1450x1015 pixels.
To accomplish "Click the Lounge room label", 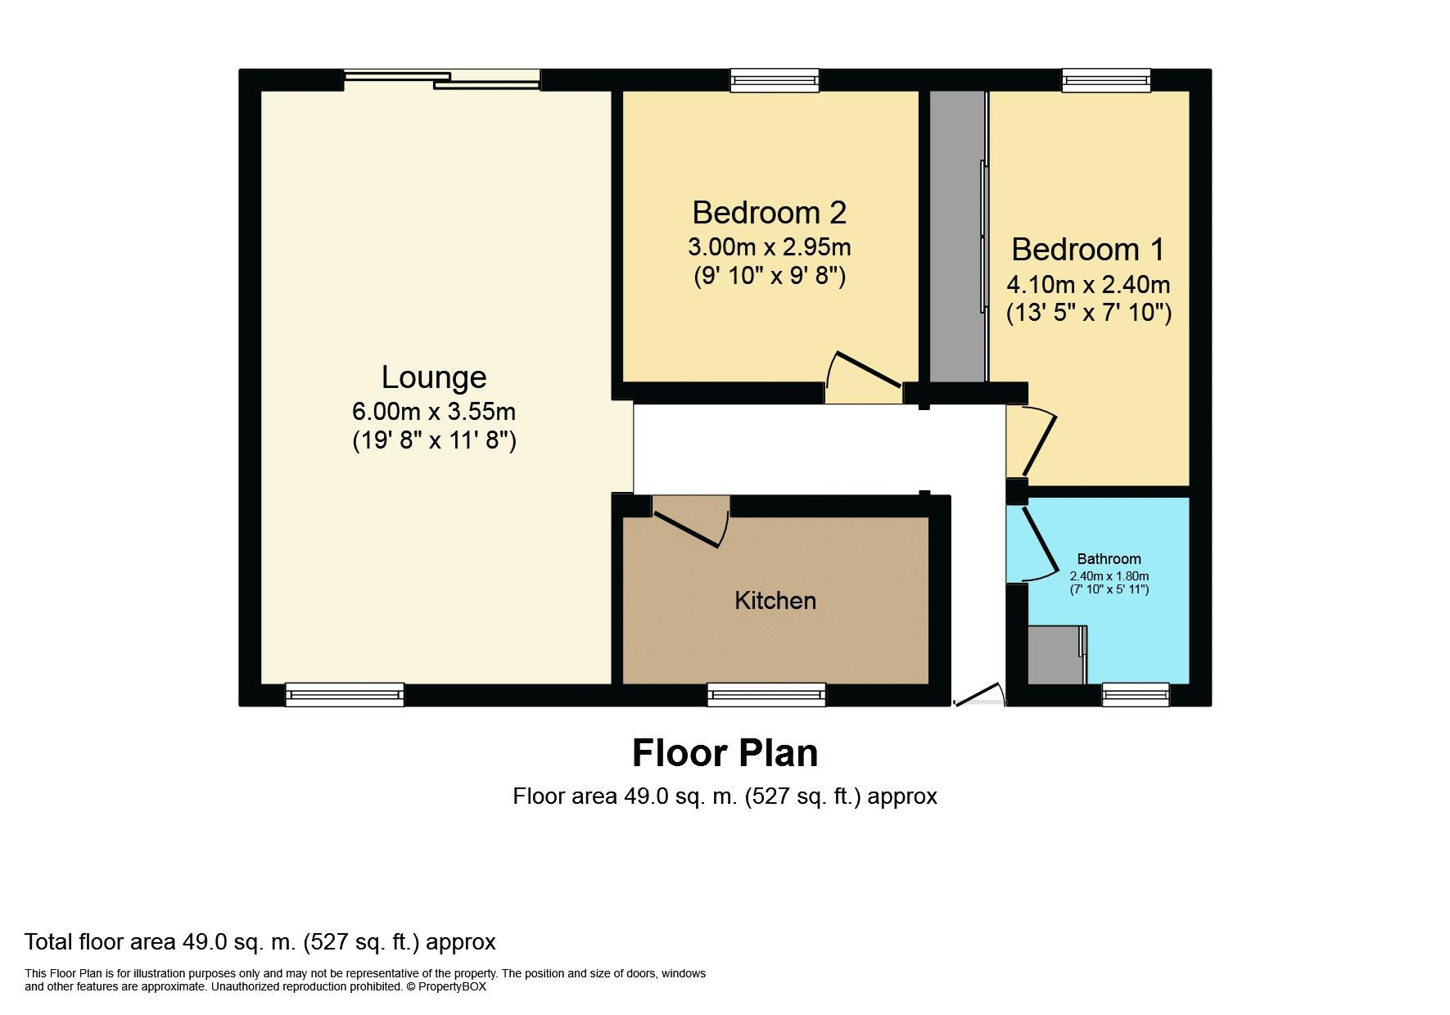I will click(434, 377).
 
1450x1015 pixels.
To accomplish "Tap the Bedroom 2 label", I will click(769, 213).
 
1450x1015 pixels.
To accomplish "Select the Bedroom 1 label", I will click(1087, 250).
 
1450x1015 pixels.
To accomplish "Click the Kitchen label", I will click(775, 601).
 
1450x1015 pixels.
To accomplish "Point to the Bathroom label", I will click(1109, 559).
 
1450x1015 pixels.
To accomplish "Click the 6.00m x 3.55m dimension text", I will click(434, 411).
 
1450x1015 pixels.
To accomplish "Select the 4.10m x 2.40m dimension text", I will click(1087, 285).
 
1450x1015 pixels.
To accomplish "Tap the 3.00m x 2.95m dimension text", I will click(769, 246).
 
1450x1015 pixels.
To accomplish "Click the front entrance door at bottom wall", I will click(978, 696).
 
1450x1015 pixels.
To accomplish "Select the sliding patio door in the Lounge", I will click(442, 79).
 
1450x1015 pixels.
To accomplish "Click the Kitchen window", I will click(766, 695).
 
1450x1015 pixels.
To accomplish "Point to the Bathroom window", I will click(1136, 695).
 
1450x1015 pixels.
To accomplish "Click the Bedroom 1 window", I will click(1105, 79).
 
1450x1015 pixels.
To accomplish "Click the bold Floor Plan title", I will click(725, 753).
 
